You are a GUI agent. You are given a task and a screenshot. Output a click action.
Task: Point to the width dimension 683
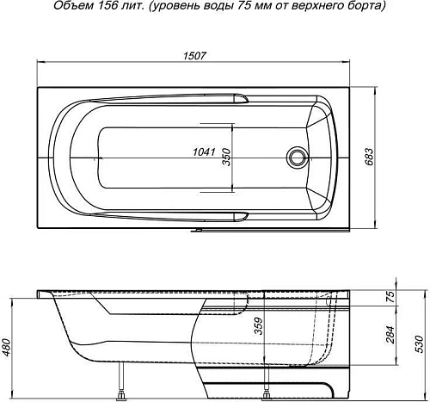point(371,158)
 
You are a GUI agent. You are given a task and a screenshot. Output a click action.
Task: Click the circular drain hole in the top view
point(298,158)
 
